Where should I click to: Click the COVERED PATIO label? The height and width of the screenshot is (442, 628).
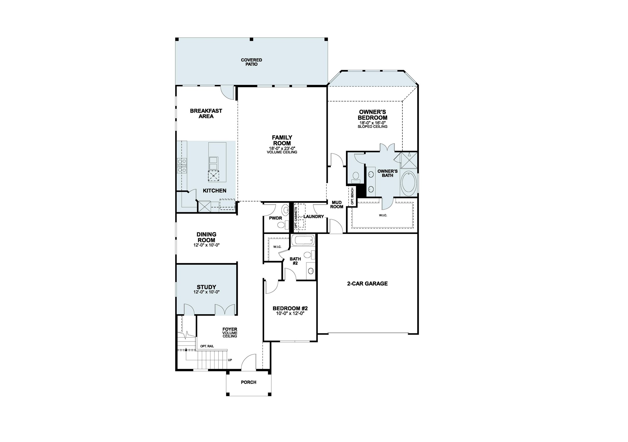coord(251,62)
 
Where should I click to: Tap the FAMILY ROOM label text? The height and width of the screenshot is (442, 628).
coord(282,140)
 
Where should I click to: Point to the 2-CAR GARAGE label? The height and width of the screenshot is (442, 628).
coord(367,284)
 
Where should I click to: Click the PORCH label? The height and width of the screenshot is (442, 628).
coord(248,382)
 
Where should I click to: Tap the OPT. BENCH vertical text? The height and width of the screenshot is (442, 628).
coord(352,196)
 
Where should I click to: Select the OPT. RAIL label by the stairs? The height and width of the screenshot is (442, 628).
coord(207,346)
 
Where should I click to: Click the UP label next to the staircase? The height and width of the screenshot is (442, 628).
coord(230,360)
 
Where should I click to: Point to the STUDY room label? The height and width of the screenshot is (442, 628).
coord(206,287)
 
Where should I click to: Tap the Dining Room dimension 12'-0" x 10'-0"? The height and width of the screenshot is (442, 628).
coord(206,245)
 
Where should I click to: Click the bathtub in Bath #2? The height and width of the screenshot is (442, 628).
coord(303,240)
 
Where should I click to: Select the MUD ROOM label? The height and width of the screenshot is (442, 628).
coord(336,205)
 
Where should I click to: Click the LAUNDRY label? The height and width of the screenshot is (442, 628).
coord(314,217)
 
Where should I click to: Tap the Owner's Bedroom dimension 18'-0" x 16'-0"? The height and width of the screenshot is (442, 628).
coord(372,123)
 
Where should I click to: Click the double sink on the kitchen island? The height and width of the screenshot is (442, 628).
coord(213,163)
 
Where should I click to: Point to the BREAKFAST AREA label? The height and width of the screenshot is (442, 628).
coord(206,114)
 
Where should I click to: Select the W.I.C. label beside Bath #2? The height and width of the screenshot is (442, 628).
coord(277,247)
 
